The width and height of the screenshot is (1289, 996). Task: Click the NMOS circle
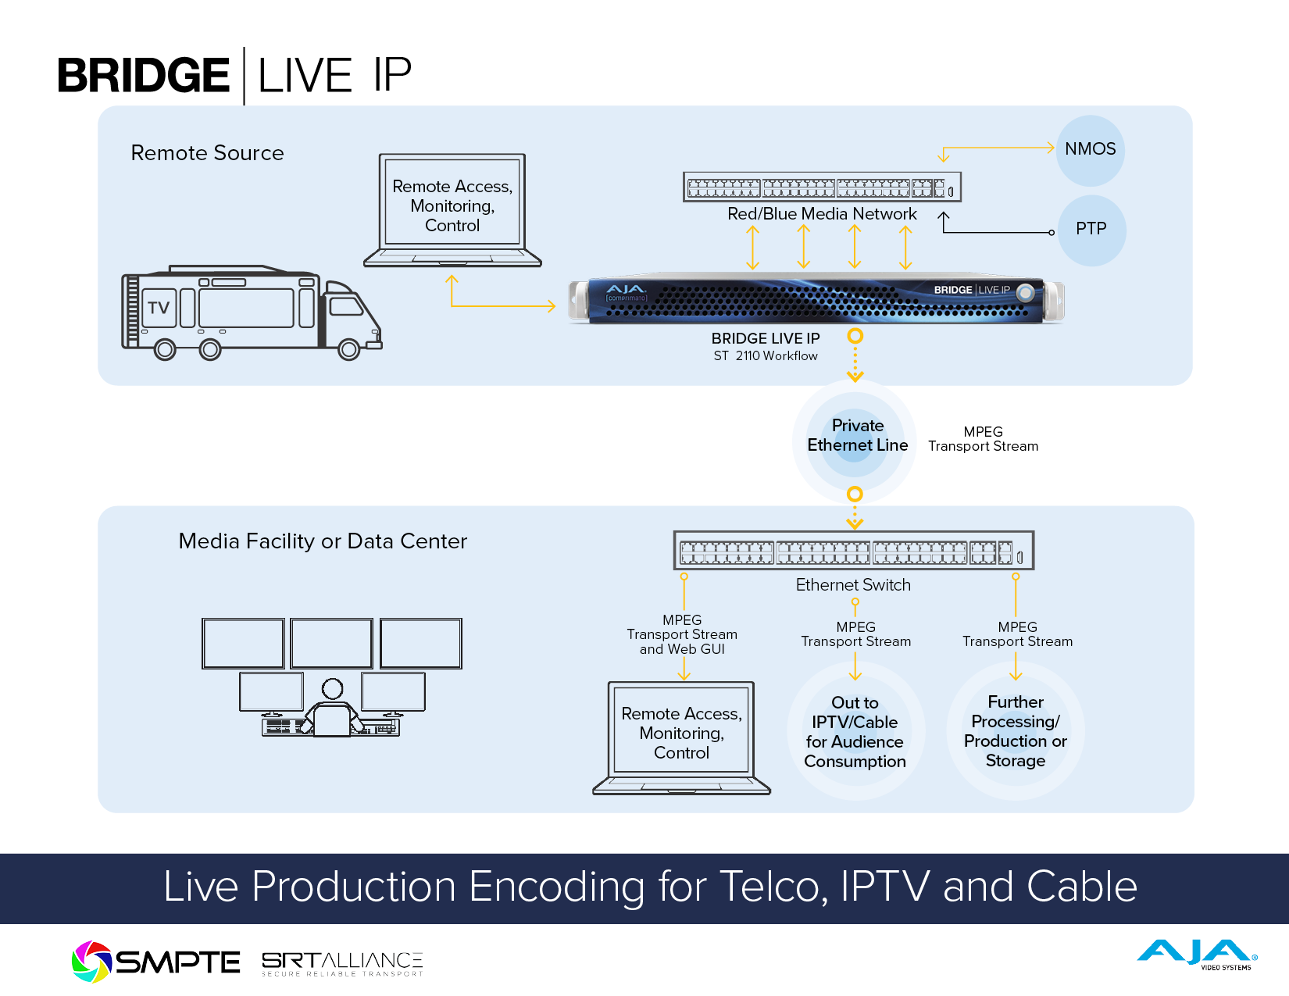[1090, 150]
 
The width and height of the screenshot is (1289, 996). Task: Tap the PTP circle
[1091, 230]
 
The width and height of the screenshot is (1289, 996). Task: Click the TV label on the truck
[159, 308]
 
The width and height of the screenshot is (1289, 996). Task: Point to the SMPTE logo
[156, 962]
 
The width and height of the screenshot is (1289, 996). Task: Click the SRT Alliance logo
[342, 963]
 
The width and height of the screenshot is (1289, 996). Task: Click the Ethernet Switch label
[853, 585]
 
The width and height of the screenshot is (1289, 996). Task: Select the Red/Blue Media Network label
[822, 214]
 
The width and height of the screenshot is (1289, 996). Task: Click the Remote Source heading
[207, 153]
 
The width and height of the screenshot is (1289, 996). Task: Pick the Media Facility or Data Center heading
[323, 541]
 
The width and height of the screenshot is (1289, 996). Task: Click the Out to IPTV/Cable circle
[855, 731]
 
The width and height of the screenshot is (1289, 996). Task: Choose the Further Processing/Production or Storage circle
[1016, 731]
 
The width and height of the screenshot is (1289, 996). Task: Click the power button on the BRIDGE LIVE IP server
[1026, 293]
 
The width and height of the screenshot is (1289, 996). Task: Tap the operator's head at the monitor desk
[333, 688]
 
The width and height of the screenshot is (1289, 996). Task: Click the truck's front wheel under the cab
[348, 349]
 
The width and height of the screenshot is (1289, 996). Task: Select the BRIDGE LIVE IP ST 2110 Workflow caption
[766, 347]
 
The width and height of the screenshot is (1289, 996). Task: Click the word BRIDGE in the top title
[144, 76]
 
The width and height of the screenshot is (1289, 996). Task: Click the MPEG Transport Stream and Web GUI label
[682, 634]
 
